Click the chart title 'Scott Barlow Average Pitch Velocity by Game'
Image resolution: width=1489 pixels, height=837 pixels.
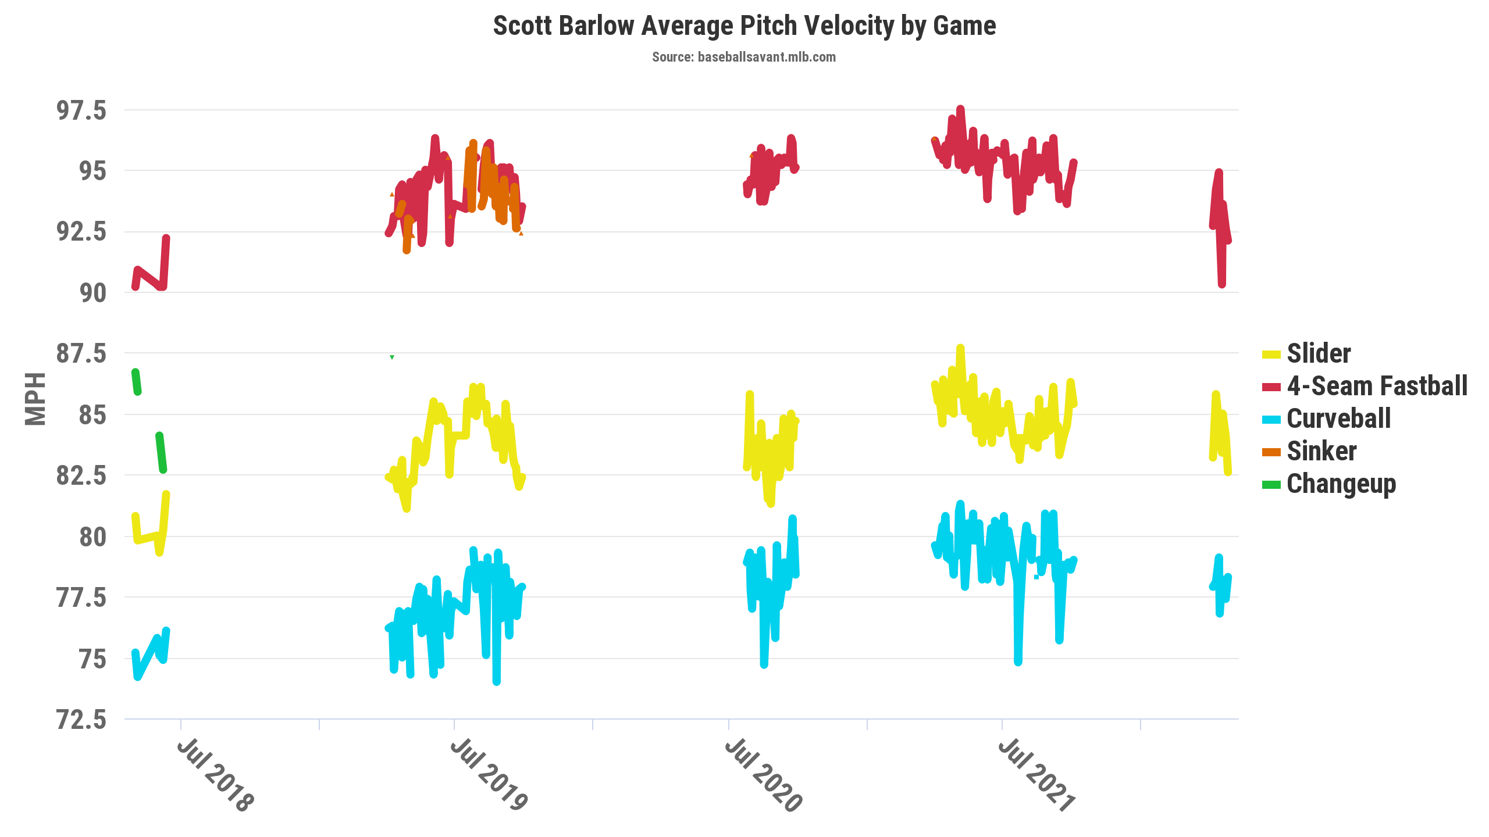(x=744, y=26)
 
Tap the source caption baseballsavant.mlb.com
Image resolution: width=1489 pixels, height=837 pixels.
(x=743, y=57)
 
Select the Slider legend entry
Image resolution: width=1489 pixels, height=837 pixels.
(x=1318, y=353)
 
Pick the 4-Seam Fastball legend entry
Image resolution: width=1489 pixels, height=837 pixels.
(x=1376, y=386)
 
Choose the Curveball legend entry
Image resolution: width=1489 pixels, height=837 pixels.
(x=1338, y=419)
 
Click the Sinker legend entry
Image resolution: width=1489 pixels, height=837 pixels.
(x=1321, y=451)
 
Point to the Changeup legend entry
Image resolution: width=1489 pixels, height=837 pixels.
(x=1341, y=484)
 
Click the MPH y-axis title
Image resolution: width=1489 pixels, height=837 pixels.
(x=35, y=399)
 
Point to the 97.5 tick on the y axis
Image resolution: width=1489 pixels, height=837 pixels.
(x=81, y=110)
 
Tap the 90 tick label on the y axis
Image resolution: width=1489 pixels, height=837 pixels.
(x=93, y=293)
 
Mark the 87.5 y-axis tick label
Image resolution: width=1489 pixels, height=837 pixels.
(x=81, y=353)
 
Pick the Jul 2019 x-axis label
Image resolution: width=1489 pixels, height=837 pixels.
(x=489, y=775)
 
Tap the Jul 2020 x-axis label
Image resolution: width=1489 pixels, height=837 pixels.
(x=763, y=775)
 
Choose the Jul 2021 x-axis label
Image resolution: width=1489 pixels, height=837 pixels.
(x=1036, y=775)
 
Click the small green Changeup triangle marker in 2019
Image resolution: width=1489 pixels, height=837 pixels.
(x=392, y=357)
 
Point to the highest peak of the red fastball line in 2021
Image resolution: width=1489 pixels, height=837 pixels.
(x=960, y=109)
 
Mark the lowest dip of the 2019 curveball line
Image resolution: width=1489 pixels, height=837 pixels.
(x=496, y=681)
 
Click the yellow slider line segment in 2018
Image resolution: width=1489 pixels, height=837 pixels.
(x=148, y=537)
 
